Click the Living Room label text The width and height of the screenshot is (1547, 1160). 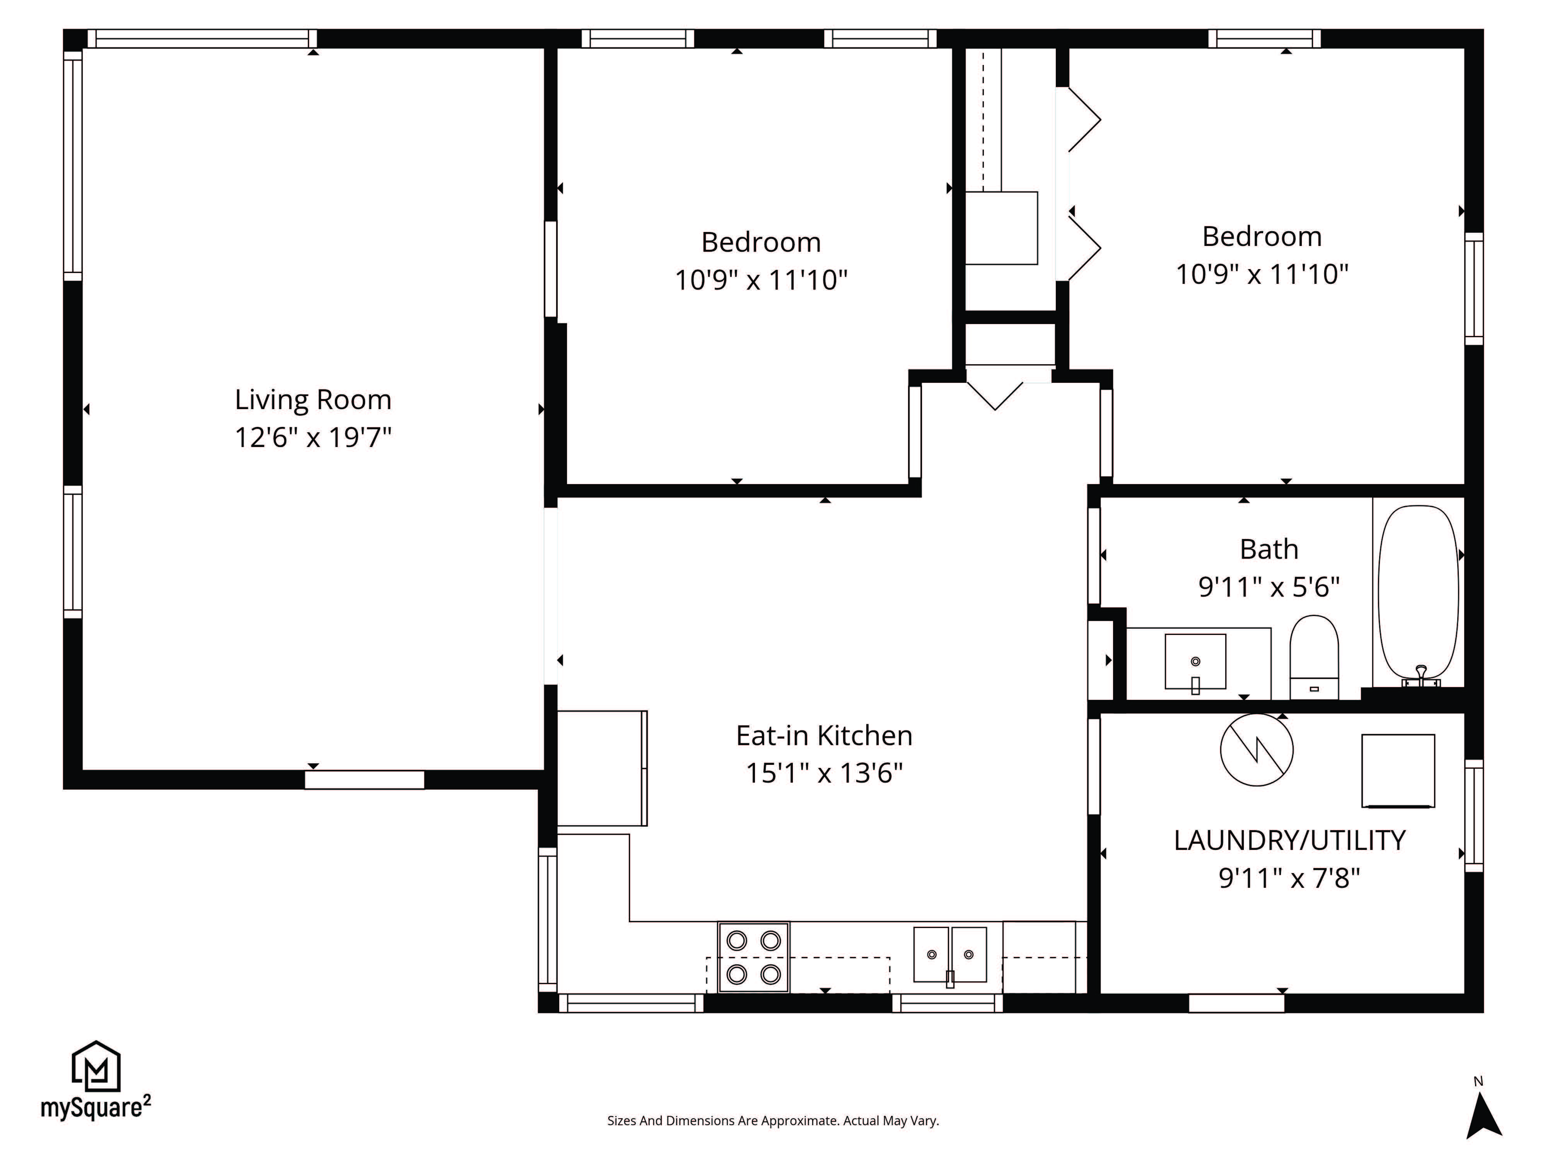[x=312, y=400]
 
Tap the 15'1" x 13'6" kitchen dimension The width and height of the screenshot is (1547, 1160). [x=824, y=774]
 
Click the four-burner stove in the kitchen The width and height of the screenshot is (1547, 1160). [x=753, y=957]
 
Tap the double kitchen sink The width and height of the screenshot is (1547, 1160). [x=950, y=955]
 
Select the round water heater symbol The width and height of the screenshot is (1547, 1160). [x=1257, y=750]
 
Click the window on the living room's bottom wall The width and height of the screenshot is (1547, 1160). [x=364, y=780]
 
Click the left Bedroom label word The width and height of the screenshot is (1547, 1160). [x=761, y=242]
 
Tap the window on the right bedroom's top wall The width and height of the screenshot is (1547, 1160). [x=1264, y=38]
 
